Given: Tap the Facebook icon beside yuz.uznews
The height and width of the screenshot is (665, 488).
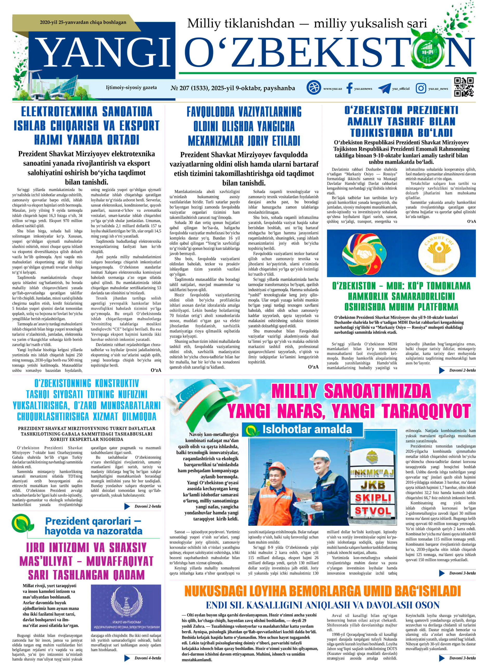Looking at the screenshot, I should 349,88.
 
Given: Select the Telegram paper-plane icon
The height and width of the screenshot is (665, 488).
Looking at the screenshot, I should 384,88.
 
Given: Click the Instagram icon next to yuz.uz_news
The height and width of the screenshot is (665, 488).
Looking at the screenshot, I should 421,88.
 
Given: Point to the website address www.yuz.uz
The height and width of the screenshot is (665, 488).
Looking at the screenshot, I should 333,89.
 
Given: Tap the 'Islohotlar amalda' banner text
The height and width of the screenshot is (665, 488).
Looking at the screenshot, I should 307,429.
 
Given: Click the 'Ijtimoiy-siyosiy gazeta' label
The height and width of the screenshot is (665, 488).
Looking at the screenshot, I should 131,88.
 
